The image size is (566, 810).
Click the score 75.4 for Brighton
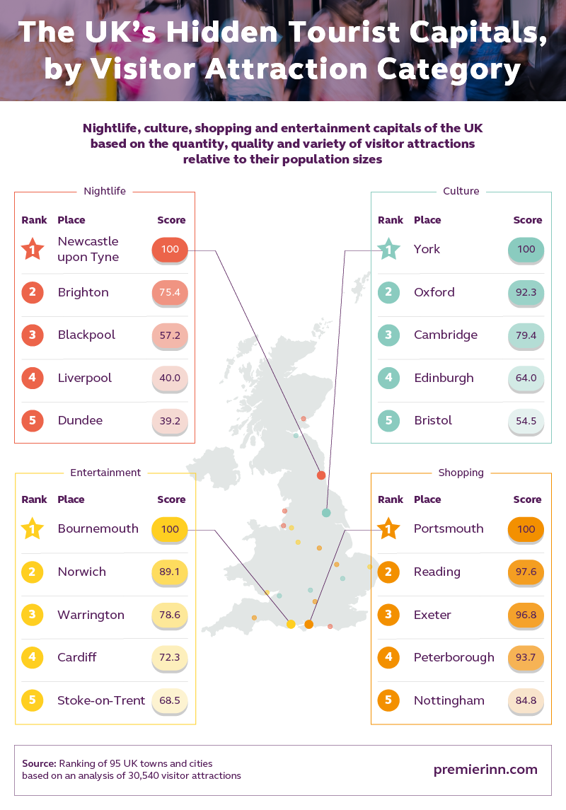tap(170, 292)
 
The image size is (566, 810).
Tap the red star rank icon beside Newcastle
tap(33, 249)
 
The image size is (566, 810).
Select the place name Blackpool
tap(86, 335)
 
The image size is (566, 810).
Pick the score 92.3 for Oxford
tap(526, 292)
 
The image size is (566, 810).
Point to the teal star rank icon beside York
tap(388, 249)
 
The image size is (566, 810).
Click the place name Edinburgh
tap(444, 378)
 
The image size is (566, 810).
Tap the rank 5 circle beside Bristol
tap(388, 420)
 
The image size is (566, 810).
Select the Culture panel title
tap(461, 191)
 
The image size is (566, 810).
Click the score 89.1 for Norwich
tap(170, 572)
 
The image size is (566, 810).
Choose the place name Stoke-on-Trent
tap(101, 700)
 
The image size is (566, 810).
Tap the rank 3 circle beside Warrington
tap(33, 615)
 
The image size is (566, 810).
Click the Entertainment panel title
tap(105, 473)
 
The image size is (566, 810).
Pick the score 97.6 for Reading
tap(526, 572)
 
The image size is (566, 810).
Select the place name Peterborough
tap(454, 657)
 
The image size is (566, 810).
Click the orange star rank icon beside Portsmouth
tap(388, 528)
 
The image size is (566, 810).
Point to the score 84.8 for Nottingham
tap(526, 700)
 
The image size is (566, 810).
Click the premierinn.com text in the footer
tap(485, 770)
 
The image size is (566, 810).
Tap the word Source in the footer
tap(39, 764)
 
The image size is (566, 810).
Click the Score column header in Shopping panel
tap(527, 499)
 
